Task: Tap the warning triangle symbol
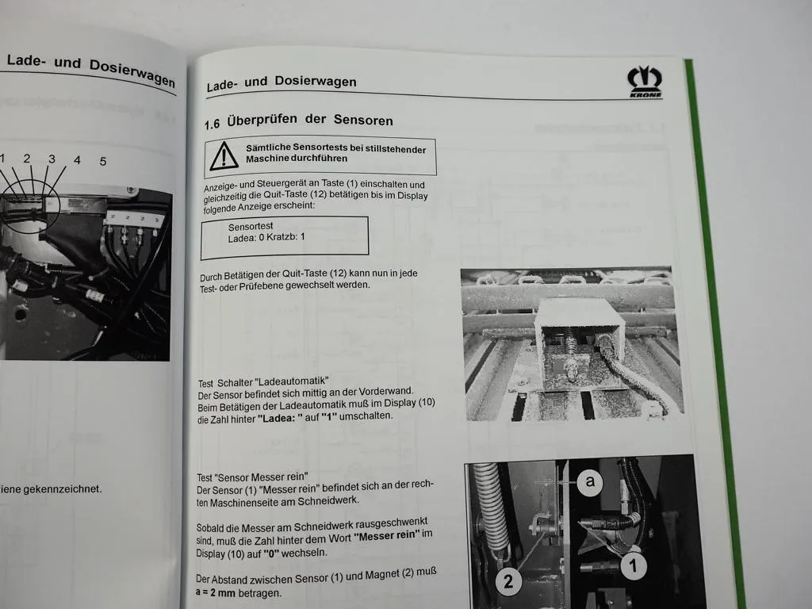[224, 155]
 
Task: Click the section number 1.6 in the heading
[211, 124]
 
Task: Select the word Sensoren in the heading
[360, 120]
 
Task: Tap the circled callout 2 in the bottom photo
[508, 582]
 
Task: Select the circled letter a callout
[589, 481]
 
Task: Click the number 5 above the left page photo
[102, 161]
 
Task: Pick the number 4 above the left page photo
[77, 160]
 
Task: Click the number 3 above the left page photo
[52, 159]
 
